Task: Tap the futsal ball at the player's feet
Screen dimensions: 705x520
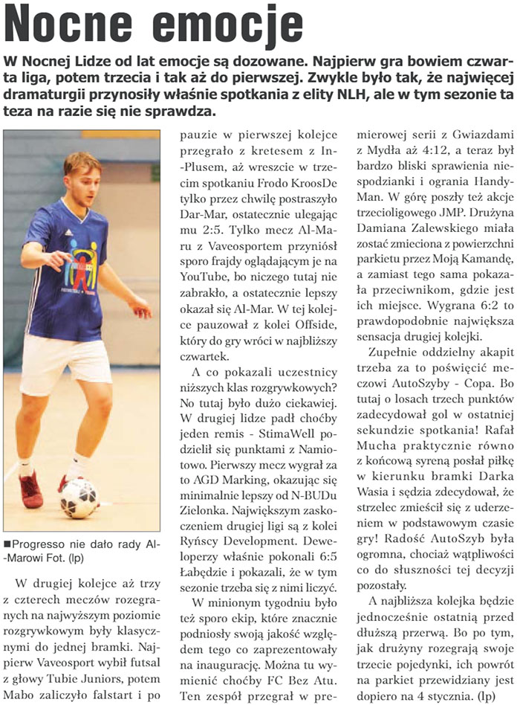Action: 79,498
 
